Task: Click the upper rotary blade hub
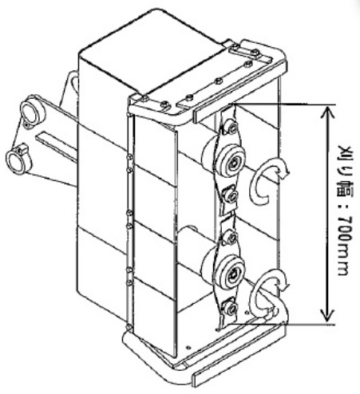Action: click(x=231, y=160)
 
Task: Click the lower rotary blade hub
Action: click(x=231, y=271)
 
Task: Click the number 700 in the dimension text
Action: click(x=343, y=231)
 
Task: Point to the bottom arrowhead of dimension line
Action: click(x=327, y=317)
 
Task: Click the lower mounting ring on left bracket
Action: click(x=18, y=160)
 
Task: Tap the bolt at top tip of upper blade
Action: click(x=232, y=128)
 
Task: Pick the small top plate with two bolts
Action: click(x=244, y=52)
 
